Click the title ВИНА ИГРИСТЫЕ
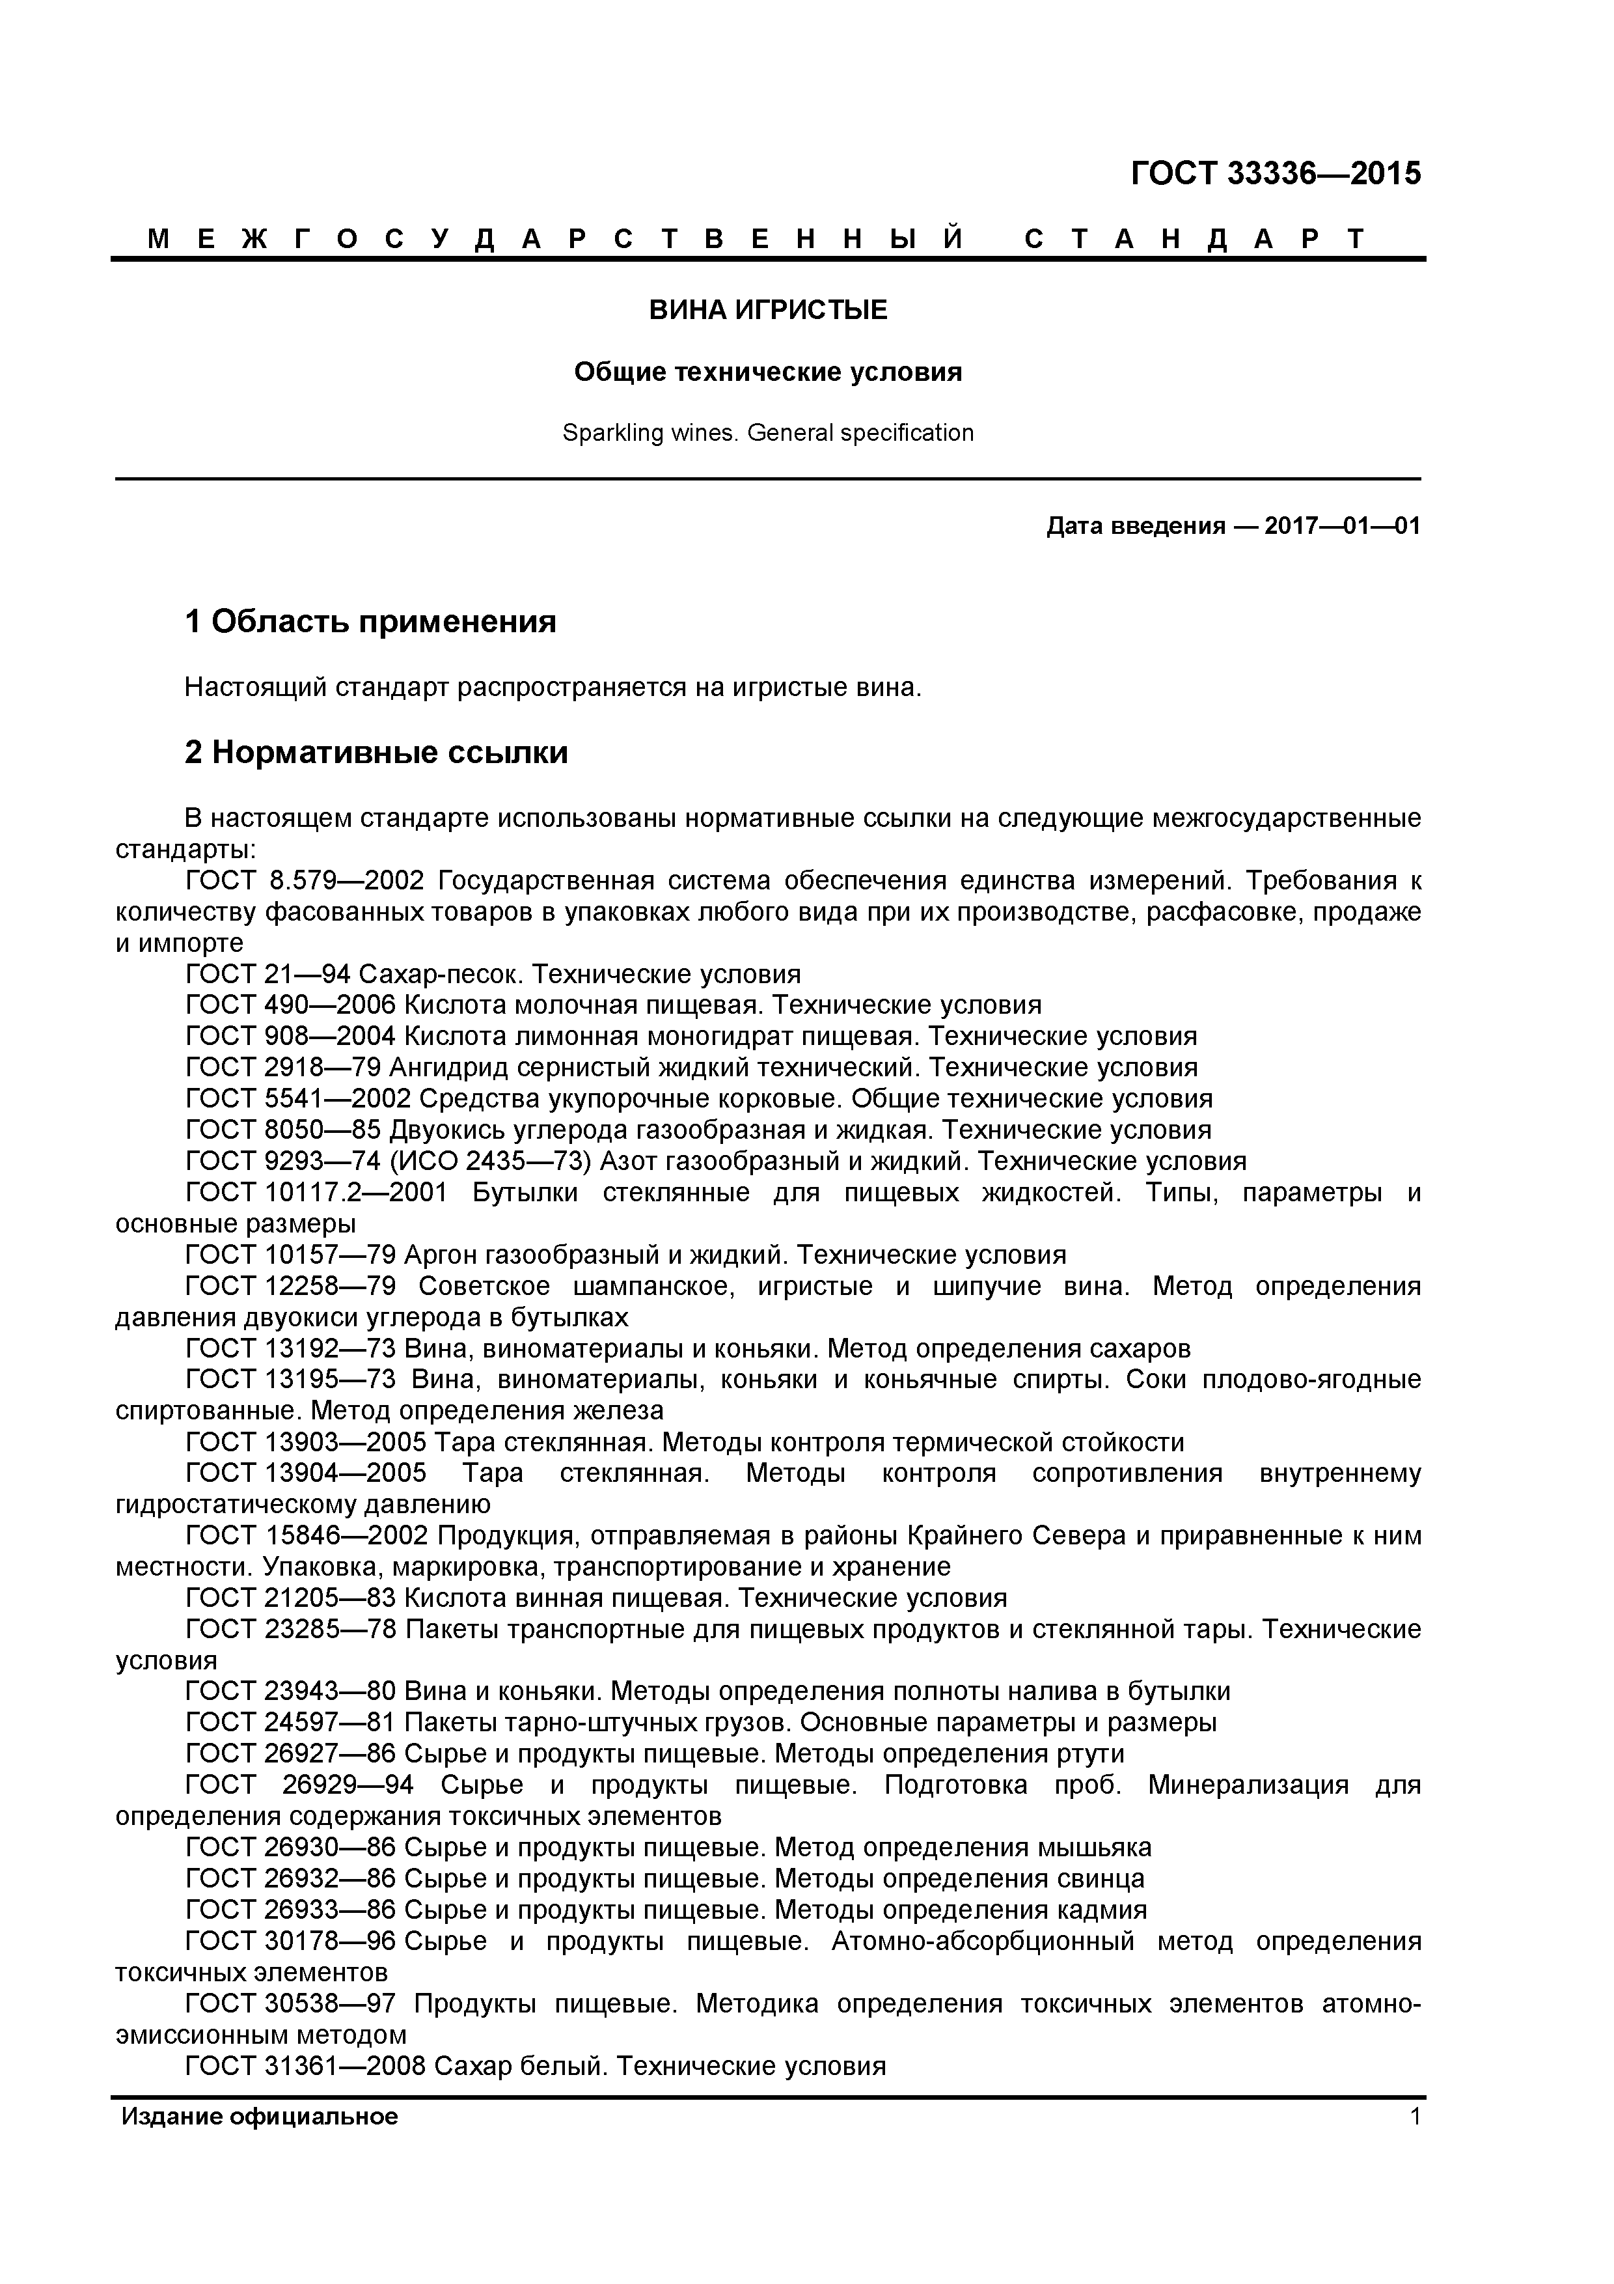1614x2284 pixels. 768,311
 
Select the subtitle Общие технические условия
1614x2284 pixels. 768,372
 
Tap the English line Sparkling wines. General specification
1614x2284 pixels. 768,433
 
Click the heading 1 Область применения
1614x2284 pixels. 370,622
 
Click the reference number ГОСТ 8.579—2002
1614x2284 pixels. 305,880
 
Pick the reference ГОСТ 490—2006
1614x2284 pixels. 290,1005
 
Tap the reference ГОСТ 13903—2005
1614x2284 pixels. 305,1442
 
